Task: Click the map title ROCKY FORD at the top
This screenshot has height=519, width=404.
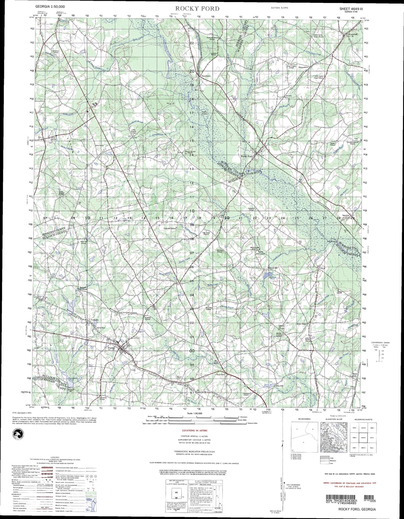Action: click(197, 9)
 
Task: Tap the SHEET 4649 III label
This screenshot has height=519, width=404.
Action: click(353, 9)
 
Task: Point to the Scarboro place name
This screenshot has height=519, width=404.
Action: click(206, 76)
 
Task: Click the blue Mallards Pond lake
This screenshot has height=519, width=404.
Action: click(264, 276)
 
